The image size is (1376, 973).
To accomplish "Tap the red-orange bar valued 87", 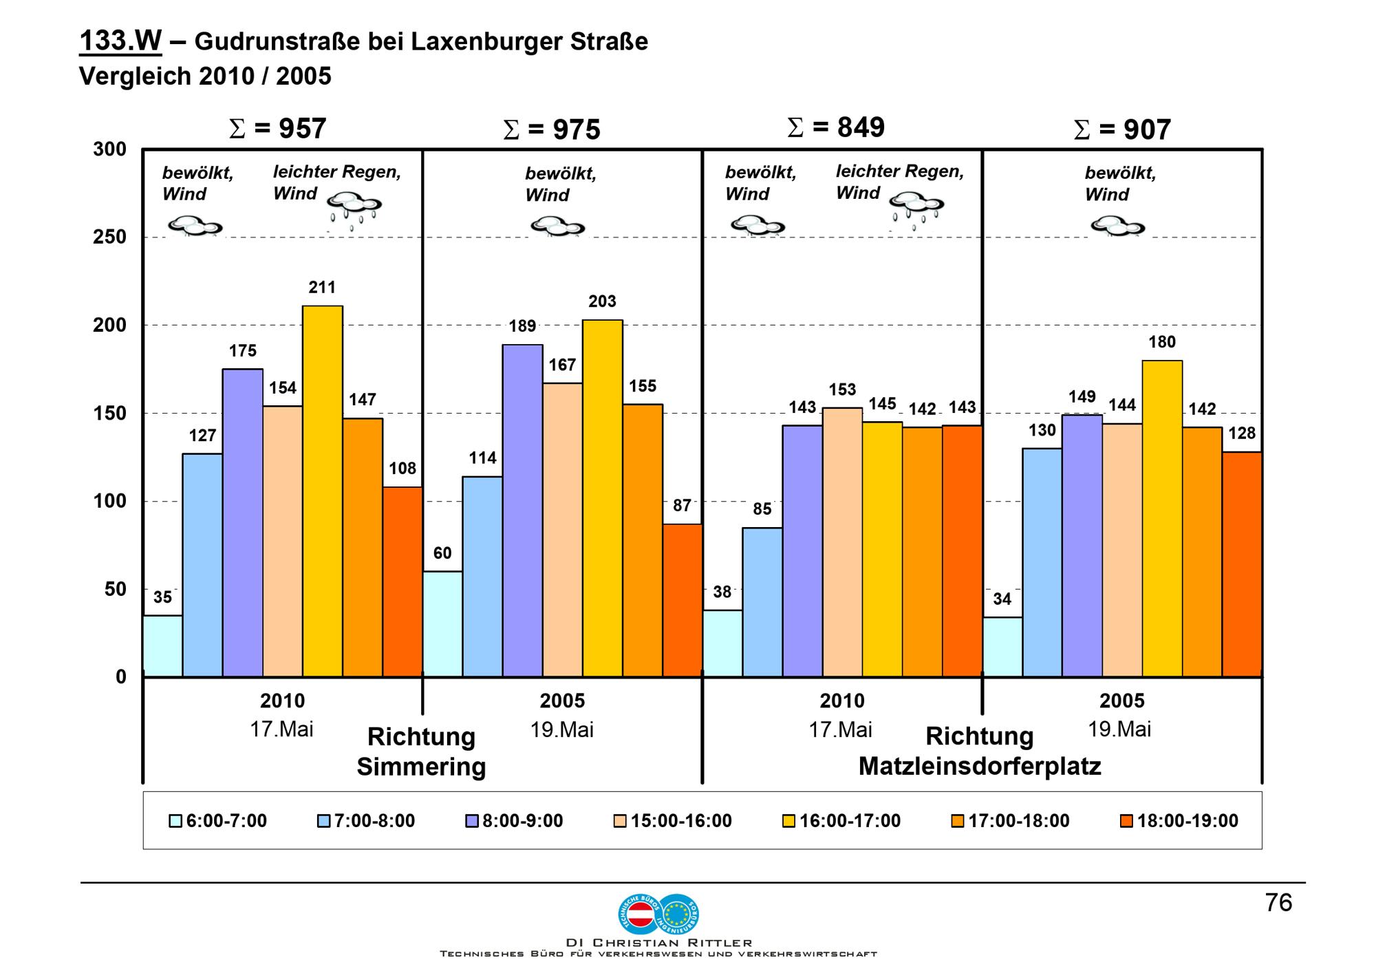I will pos(682,600).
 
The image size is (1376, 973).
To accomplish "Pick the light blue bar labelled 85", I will pos(762,602).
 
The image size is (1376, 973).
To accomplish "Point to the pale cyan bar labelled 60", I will pos(442,623).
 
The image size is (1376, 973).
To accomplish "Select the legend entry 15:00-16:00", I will pos(673,821).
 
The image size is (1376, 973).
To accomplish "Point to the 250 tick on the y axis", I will pos(110,237).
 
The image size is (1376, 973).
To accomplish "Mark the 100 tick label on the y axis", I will pos(110,502).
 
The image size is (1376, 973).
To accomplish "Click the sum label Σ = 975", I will pos(552,130).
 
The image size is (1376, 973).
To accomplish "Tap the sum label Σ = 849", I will pos(836,127).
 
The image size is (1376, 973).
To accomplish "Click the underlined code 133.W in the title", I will pos(120,41).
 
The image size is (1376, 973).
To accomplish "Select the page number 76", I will pos(1278,903).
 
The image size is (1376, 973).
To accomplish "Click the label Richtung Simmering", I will pos(421,751).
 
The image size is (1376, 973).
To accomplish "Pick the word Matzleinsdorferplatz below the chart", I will pos(980,767).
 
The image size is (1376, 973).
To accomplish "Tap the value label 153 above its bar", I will pos(842,390).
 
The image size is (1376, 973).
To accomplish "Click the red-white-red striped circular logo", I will pos(641,915).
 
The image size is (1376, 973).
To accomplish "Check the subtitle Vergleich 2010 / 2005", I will pos(205,76).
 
